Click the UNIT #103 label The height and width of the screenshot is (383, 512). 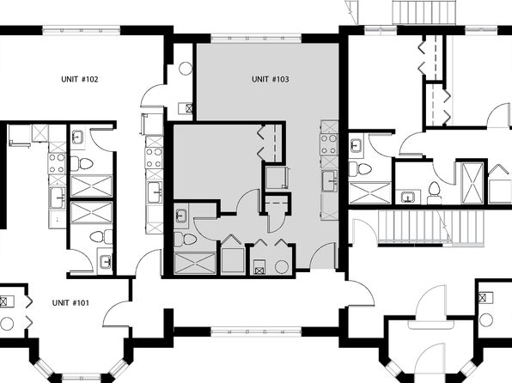coord(271,79)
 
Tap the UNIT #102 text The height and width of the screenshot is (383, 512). coord(80,79)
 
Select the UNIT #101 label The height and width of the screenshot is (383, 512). coord(70,303)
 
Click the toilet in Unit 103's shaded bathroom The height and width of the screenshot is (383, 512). coord(186,240)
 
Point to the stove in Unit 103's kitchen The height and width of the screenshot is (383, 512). coord(329,143)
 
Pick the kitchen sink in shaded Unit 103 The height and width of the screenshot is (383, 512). coord(330,180)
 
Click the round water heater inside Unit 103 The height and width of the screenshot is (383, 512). coord(282,267)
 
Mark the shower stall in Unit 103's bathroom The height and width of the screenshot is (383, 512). coord(195,263)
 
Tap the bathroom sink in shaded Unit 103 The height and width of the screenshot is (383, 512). coord(181,216)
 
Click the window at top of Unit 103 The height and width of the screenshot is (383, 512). coord(256,38)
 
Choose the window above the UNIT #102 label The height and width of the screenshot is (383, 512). coord(82,30)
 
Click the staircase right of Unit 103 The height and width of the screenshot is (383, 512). coord(430,228)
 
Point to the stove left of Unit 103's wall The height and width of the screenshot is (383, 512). coord(154,157)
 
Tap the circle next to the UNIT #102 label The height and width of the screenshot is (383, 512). coord(186,69)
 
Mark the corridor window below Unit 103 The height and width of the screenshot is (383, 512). coord(256,332)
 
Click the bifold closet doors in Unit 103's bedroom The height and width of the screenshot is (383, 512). coord(261,142)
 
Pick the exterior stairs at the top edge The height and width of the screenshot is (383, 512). coord(424,12)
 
